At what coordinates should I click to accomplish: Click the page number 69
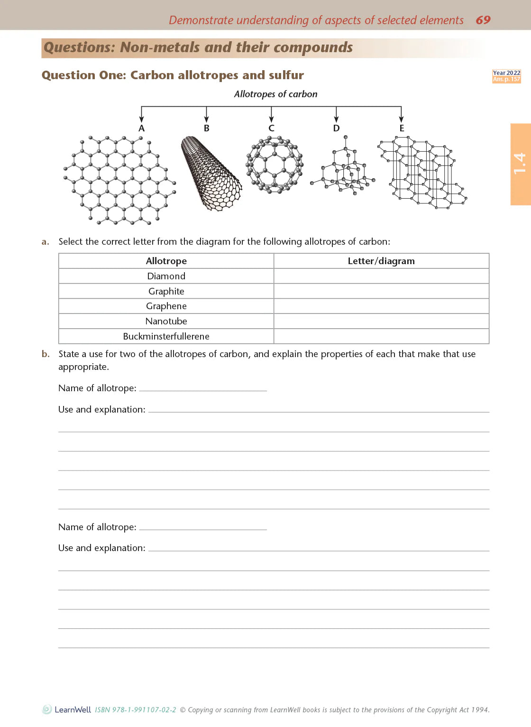(483, 20)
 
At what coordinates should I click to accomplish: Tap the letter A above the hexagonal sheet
(141, 129)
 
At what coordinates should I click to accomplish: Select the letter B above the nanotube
(206, 129)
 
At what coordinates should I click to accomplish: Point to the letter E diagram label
(402, 129)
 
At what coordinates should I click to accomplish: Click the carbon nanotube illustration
(211, 174)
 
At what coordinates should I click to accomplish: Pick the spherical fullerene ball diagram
(274, 165)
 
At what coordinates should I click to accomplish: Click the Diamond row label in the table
(166, 276)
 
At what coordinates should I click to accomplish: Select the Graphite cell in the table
(166, 291)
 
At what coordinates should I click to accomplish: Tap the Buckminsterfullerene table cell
(166, 336)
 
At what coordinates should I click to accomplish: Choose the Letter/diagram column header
(381, 261)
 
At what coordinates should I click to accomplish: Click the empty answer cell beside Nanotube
(381, 321)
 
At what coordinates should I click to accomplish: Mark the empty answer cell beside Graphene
(381, 306)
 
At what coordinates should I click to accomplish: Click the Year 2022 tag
(506, 73)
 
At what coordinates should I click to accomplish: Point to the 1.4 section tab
(520, 164)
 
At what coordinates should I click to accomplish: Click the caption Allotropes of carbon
(275, 94)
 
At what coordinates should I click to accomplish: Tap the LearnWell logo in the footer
(67, 709)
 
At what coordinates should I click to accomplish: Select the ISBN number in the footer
(136, 710)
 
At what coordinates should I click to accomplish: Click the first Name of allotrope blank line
(203, 389)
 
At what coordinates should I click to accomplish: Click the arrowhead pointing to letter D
(336, 120)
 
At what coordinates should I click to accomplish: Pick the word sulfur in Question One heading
(286, 75)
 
